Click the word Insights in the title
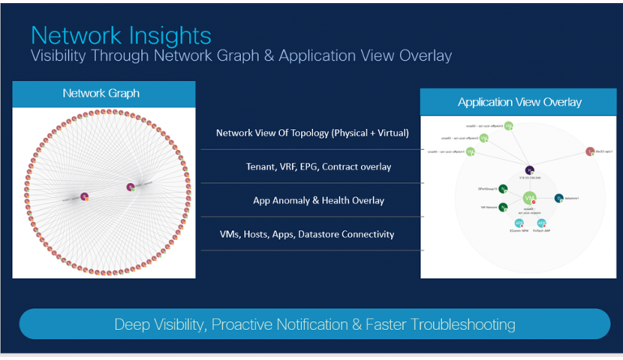point(165,36)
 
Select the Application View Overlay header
point(519,102)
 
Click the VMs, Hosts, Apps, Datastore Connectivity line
point(307,234)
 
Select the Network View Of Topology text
point(311,133)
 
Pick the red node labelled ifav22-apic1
point(590,152)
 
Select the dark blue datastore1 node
point(559,198)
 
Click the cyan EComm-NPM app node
point(519,223)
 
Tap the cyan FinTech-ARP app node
point(541,223)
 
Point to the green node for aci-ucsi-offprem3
point(508,126)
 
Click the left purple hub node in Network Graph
point(84,195)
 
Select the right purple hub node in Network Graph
point(130,187)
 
